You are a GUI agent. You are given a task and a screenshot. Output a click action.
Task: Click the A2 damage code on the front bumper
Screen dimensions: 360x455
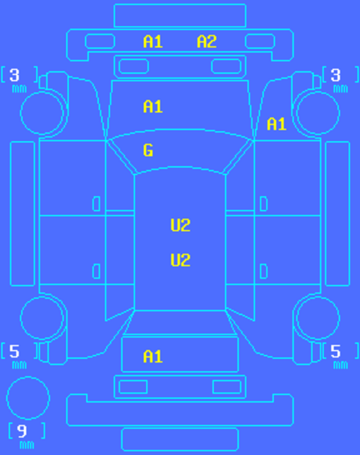tap(207, 42)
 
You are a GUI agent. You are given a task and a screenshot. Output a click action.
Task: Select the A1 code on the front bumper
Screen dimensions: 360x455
tap(153, 42)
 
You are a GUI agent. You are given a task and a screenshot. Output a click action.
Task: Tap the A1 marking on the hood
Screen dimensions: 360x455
tap(153, 107)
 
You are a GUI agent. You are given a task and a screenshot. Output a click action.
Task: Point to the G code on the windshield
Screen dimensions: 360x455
tap(148, 150)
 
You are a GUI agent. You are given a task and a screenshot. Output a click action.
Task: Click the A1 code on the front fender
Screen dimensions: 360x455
tap(277, 124)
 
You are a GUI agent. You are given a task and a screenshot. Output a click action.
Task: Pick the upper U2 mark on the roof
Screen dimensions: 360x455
tap(180, 225)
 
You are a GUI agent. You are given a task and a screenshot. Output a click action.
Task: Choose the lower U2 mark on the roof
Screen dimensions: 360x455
tap(180, 260)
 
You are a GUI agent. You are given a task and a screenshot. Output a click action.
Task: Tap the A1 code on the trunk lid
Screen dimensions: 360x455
tap(153, 357)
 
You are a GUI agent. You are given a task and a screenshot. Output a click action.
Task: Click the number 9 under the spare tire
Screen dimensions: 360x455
tap(22, 431)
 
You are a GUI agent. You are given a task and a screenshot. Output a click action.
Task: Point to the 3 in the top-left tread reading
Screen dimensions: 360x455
tap(14, 75)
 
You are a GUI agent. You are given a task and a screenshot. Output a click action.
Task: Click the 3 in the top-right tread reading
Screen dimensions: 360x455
tap(335, 75)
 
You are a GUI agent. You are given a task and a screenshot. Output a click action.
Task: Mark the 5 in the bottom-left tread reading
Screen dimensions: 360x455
tap(14, 351)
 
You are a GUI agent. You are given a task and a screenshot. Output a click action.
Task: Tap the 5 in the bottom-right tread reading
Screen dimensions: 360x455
tap(335, 351)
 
